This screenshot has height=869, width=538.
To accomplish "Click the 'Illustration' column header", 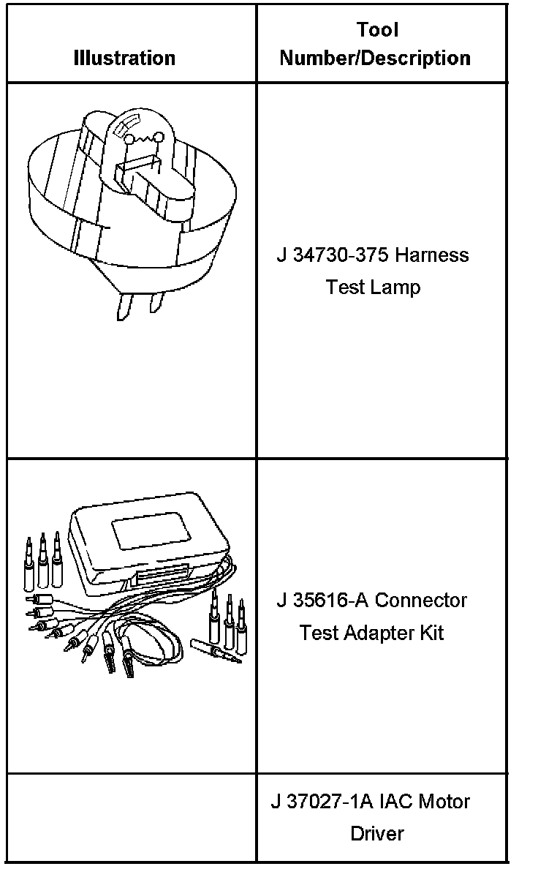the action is click(x=124, y=58).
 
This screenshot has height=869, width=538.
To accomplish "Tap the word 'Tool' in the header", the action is click(x=377, y=30).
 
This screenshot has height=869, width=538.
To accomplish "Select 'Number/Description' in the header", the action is click(x=375, y=58).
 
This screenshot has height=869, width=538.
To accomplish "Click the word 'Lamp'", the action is click(x=396, y=287).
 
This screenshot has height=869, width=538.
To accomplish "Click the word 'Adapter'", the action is click(x=378, y=633).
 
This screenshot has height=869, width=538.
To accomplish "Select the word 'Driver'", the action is click(x=376, y=833).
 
